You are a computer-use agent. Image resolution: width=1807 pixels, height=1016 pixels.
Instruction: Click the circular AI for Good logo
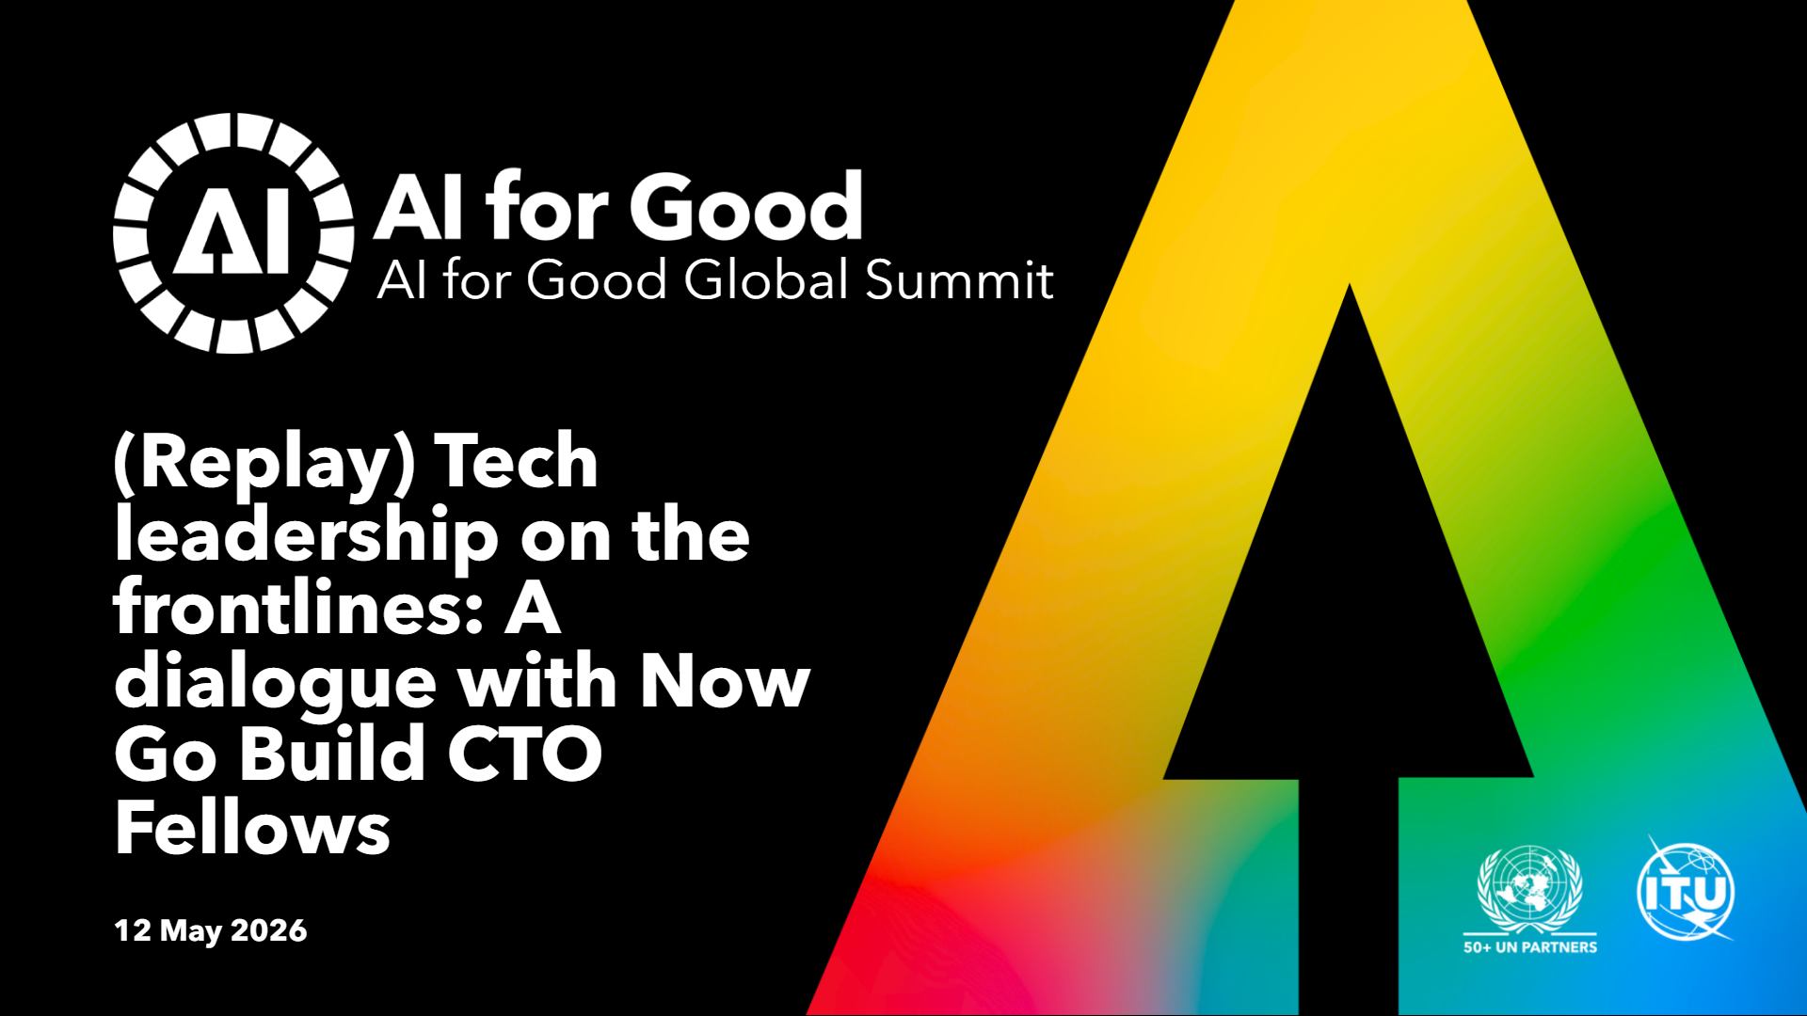coord(233,233)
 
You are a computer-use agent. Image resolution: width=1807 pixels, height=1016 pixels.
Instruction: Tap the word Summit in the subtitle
coord(959,280)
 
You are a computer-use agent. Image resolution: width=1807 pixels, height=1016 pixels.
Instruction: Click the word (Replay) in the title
coord(264,464)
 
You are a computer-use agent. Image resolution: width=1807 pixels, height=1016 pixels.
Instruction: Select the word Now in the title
coord(725,681)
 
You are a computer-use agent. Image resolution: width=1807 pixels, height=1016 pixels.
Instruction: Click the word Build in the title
coord(331,754)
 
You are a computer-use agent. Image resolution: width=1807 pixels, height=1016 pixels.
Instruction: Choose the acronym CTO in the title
coord(524,754)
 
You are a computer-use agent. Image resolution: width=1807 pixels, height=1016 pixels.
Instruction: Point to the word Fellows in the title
coord(252,828)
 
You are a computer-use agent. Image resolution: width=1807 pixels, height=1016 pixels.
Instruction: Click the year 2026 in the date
coord(268,930)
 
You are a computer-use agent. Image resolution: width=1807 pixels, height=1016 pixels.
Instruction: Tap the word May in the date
coord(190,931)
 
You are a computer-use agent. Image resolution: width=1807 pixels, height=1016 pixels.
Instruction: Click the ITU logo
coord(1686,889)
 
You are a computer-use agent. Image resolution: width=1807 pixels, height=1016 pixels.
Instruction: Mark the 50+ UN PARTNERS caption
coord(1530,947)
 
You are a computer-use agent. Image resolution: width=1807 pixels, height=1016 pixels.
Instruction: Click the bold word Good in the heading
coord(745,207)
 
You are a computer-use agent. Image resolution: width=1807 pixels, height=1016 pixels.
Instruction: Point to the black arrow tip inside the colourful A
coord(1350,284)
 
